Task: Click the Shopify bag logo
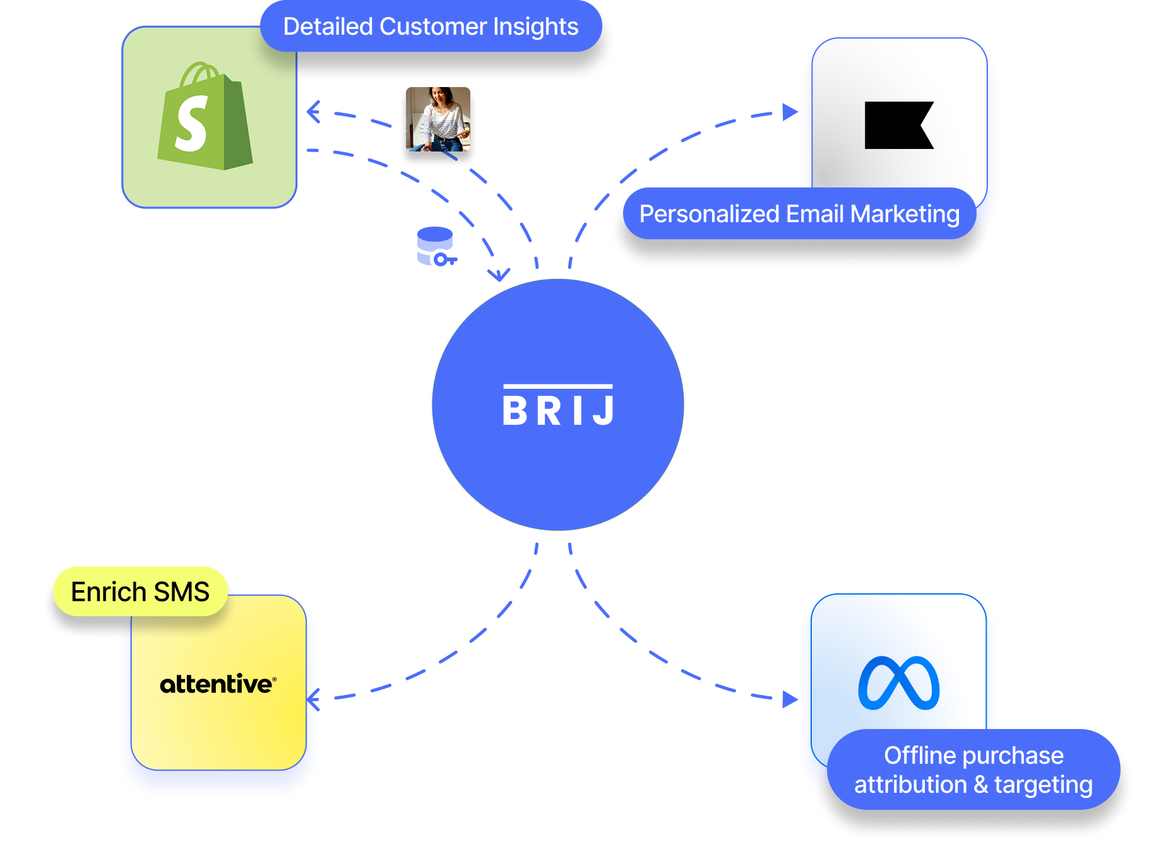coord(205,117)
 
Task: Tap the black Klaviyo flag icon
coord(898,125)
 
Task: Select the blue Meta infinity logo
coord(898,683)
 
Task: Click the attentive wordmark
coord(217,684)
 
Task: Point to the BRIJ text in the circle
coord(558,411)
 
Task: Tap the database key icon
coord(436,247)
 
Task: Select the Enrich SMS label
coord(140,592)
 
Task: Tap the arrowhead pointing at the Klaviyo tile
coord(788,112)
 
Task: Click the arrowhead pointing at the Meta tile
coord(788,699)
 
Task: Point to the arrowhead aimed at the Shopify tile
coord(312,112)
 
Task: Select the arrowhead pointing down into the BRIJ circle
coord(499,275)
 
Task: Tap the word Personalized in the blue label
coord(709,214)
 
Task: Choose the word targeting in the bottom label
coord(1043,785)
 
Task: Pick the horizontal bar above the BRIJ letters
coord(558,386)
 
